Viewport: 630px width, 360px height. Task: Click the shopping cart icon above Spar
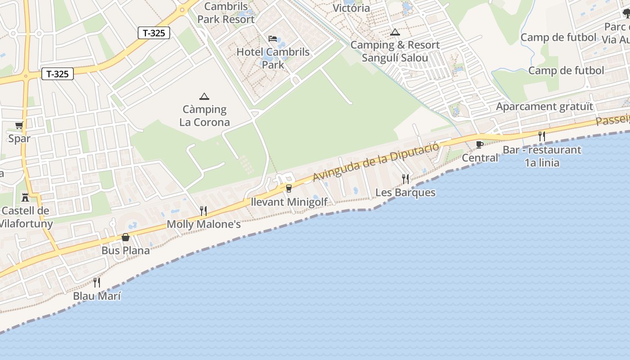[x=19, y=125]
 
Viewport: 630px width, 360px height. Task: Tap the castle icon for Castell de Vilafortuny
[x=25, y=197]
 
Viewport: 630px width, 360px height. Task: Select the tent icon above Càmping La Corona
[x=204, y=96]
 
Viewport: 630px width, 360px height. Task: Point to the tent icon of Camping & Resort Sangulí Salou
[x=395, y=32]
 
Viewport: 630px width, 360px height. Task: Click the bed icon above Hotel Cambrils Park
[x=273, y=39]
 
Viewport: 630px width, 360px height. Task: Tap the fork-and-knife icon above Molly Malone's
[x=203, y=211]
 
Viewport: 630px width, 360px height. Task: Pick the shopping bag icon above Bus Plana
[x=126, y=237]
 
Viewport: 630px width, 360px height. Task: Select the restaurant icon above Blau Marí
[x=97, y=283]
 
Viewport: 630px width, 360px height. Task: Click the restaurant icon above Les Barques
[x=405, y=179]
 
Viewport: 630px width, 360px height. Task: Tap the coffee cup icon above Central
[x=480, y=144]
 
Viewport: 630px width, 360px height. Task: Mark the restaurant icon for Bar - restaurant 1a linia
[x=542, y=136]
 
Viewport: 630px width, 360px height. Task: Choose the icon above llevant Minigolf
[x=288, y=188]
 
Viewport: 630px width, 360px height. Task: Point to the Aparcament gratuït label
[x=544, y=107]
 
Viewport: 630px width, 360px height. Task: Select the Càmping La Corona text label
[x=204, y=116]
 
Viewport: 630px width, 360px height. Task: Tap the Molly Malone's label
[x=204, y=224]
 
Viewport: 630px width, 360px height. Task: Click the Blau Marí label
[x=97, y=296]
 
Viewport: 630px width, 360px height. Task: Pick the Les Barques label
[x=405, y=193]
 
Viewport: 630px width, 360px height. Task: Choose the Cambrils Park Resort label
[x=226, y=13]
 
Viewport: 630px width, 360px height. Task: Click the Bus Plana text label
[x=126, y=250]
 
